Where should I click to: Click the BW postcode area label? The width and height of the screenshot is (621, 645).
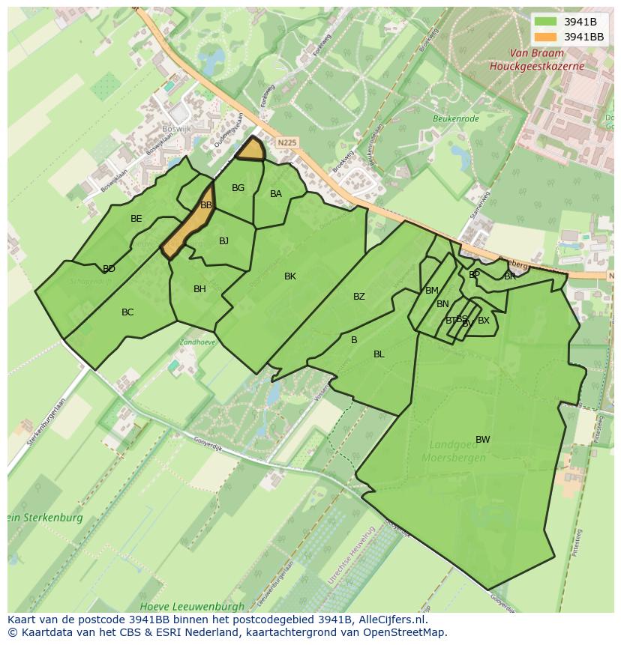pyautogui.click(x=482, y=440)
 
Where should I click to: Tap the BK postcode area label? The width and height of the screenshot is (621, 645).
pyautogui.click(x=290, y=276)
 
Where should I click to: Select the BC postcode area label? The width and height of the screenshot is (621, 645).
pyautogui.click(x=127, y=312)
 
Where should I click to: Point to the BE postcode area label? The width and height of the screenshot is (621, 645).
pyautogui.click(x=136, y=219)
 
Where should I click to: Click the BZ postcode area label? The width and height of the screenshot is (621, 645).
pyautogui.click(x=359, y=297)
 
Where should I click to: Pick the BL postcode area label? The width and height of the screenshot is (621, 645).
pyautogui.click(x=379, y=354)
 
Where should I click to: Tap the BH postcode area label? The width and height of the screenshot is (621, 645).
pyautogui.click(x=199, y=289)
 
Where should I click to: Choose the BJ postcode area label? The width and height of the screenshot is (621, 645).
pyautogui.click(x=223, y=241)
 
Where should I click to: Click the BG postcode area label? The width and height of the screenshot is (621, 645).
pyautogui.click(x=238, y=188)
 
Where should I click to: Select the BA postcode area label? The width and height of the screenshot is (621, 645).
pyautogui.click(x=276, y=194)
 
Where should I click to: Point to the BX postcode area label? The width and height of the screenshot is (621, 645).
pyautogui.click(x=484, y=321)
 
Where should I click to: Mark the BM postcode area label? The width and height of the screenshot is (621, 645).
pyautogui.click(x=432, y=291)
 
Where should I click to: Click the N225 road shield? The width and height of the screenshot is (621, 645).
pyautogui.click(x=286, y=142)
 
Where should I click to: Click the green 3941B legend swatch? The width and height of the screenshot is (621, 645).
pyautogui.click(x=546, y=22)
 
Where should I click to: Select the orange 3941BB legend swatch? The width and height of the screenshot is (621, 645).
pyautogui.click(x=546, y=36)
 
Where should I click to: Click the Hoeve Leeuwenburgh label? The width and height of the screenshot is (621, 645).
pyautogui.click(x=192, y=606)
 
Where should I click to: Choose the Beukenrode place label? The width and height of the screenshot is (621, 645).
pyautogui.click(x=455, y=118)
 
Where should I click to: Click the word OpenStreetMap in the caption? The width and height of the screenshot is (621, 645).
pyautogui.click(x=404, y=632)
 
